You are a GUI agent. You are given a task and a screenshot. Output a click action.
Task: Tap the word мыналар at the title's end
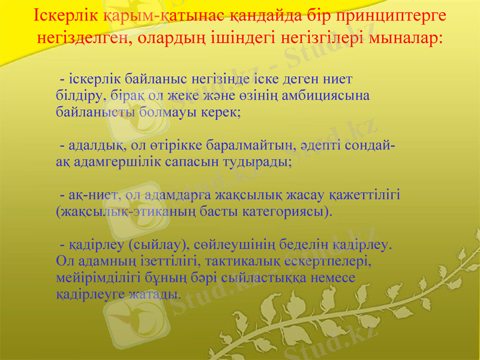tap(410, 38)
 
